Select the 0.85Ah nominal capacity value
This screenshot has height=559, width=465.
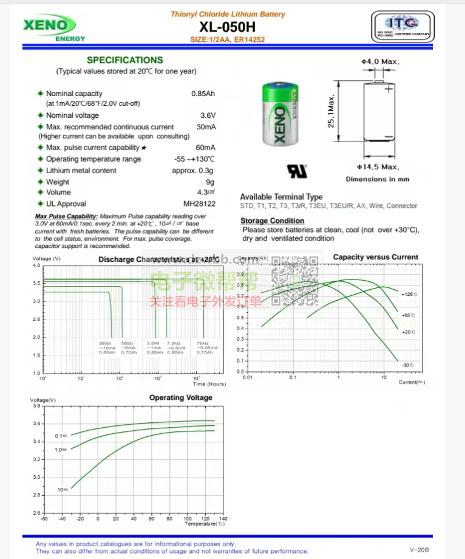click(x=203, y=94)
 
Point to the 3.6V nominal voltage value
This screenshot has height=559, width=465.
click(x=208, y=115)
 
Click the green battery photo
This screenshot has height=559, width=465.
click(x=281, y=115)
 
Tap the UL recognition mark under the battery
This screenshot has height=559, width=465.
click(x=297, y=171)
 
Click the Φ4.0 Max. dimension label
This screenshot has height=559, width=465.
click(x=380, y=62)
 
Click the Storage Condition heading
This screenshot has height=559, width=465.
click(x=272, y=221)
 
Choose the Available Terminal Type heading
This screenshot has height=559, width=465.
click(x=281, y=197)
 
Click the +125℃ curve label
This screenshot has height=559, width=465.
click(x=410, y=294)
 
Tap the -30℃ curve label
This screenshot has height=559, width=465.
click(x=407, y=365)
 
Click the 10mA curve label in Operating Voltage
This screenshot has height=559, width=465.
click(x=63, y=489)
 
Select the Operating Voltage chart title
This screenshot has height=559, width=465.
click(x=181, y=398)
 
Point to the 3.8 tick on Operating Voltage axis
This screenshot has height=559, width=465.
click(x=36, y=406)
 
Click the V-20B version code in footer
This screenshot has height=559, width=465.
click(x=419, y=549)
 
